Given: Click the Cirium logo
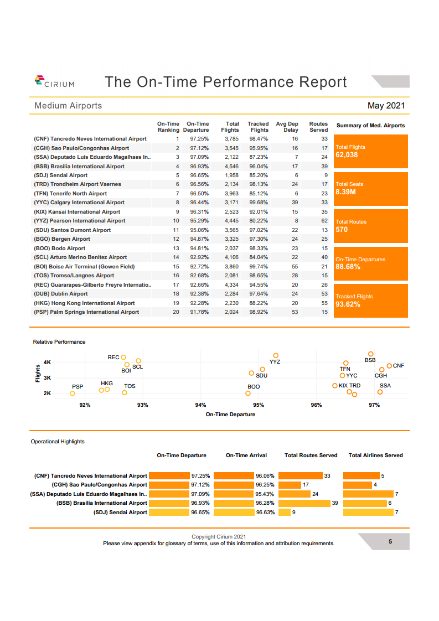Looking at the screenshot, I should [54, 82].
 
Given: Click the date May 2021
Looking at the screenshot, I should [386, 106].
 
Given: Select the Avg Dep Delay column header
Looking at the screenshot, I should [287, 127].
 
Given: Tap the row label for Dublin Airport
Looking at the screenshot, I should [61, 294].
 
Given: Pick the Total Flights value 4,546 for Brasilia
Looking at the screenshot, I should [231, 166].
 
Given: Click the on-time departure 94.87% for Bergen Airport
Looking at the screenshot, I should [199, 239].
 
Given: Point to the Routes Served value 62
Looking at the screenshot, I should [324, 221].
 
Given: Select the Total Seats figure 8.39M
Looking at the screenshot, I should [345, 192].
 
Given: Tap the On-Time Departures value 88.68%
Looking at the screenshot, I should [348, 267].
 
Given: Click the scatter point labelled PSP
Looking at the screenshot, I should [73, 394].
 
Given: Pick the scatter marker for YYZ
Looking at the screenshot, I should [276, 355].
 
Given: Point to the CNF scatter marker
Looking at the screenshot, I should [389, 366].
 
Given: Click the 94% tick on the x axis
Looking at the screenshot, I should [200, 405].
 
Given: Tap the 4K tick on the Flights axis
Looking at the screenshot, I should [48, 362].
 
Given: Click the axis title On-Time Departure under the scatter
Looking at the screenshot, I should [230, 414].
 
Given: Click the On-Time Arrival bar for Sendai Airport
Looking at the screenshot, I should [234, 513].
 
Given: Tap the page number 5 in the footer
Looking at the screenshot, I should [390, 542].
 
